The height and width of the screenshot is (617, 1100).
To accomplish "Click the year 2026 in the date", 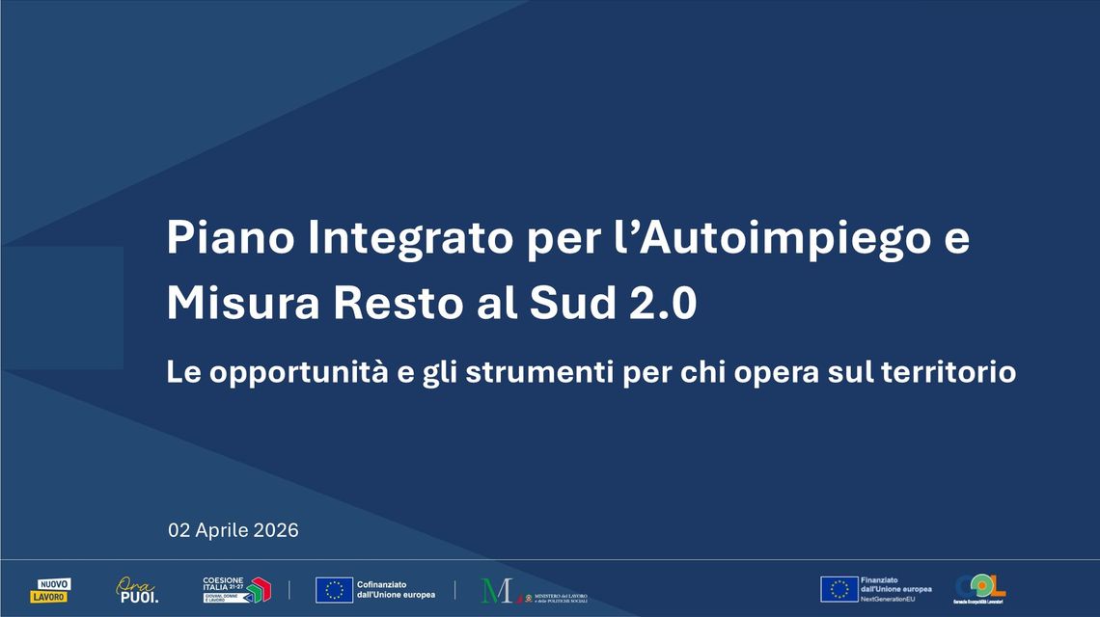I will [278, 530].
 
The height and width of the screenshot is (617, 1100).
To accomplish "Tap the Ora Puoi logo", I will [137, 589].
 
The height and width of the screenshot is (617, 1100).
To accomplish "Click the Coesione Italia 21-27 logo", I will [236, 589].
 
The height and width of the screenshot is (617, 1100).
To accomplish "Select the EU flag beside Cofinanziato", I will [334, 590].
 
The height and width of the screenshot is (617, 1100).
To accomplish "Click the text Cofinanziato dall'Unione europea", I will [396, 590].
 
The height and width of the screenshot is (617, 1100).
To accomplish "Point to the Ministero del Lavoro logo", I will [534, 591].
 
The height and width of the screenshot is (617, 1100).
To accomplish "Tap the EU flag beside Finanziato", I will [839, 589].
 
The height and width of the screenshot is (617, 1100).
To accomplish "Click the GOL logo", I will [980, 588].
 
